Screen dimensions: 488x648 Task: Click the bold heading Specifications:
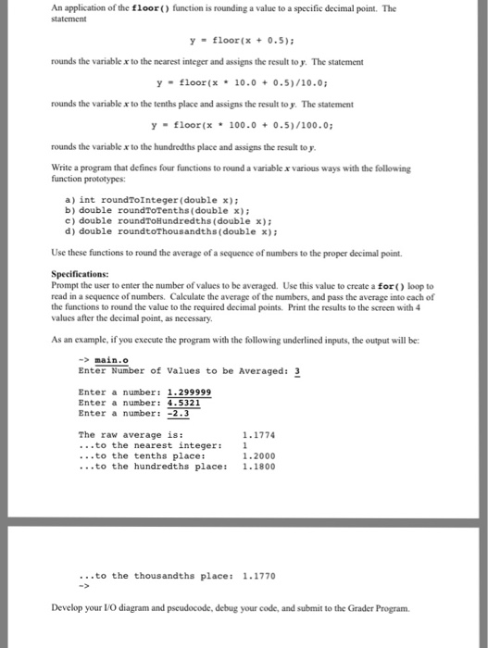pos(79,273)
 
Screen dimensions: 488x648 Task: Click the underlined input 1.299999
pos(189,392)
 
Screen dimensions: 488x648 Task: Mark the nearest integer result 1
pos(244,445)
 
